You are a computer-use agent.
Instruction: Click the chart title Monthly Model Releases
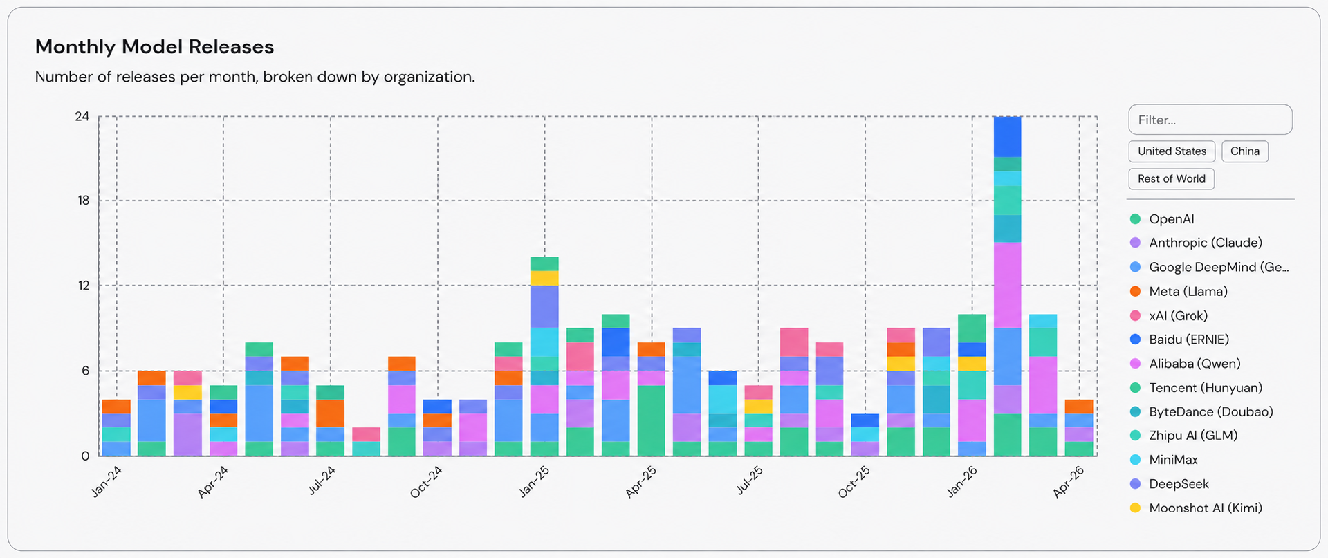click(154, 47)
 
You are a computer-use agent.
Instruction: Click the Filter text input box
click(1210, 120)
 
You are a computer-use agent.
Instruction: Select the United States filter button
click(1171, 151)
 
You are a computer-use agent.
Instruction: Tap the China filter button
click(1244, 151)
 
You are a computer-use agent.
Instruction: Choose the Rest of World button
click(1171, 179)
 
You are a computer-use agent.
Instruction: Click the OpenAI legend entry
click(1171, 219)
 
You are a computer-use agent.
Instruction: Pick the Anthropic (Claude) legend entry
click(1205, 243)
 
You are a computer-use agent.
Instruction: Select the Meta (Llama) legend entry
click(1188, 292)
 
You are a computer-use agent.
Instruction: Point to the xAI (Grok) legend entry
click(1178, 316)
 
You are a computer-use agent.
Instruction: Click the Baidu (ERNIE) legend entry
click(1188, 340)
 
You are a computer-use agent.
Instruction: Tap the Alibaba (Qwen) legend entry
click(1195, 364)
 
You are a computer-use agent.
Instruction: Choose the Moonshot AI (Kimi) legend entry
click(1205, 508)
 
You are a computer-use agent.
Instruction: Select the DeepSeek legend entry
click(1179, 484)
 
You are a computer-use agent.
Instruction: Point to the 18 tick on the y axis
click(84, 201)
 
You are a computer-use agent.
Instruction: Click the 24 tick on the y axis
click(82, 116)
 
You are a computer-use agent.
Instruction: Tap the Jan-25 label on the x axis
click(534, 481)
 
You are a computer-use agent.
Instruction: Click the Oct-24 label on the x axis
click(426, 482)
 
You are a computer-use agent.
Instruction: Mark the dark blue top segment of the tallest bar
click(1007, 136)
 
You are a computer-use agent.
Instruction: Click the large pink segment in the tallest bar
click(1007, 285)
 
